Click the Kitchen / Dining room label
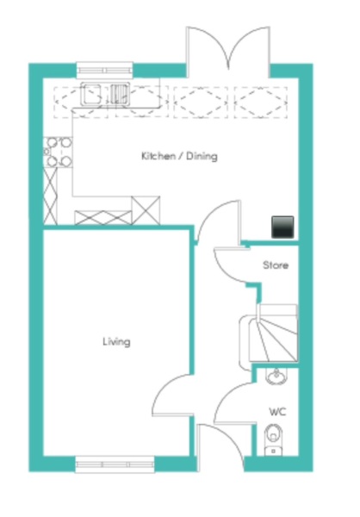point(179,156)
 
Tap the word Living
point(116,341)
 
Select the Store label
point(276,265)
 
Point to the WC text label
point(277,412)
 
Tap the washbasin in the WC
point(276,377)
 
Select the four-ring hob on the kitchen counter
point(58,153)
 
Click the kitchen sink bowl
point(91,94)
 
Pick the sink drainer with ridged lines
point(119,94)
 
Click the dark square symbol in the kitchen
point(282,227)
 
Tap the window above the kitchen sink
point(104,71)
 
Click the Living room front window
point(115,464)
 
